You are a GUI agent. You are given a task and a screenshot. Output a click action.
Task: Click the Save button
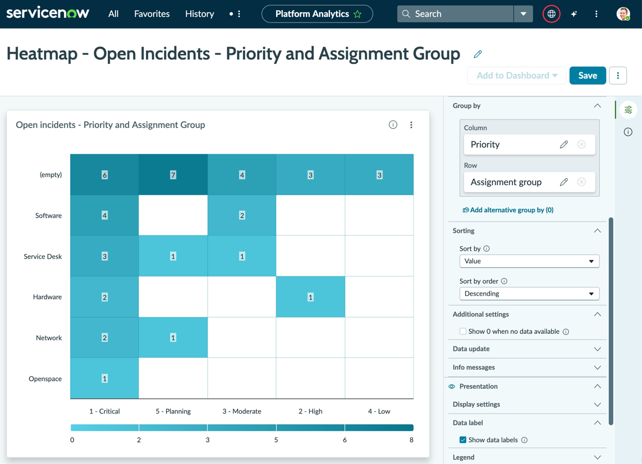587,76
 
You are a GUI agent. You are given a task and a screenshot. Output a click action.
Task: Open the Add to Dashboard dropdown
517,76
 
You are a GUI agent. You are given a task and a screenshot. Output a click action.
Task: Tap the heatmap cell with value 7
173,174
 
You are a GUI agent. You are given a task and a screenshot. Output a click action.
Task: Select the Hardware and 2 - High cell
310,297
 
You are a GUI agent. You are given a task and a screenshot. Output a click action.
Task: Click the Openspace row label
45,379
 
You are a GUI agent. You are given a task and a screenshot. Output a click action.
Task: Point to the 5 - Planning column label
173,411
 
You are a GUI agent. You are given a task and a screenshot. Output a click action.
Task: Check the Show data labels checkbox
462,440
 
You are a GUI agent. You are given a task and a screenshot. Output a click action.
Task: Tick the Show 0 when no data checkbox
462,332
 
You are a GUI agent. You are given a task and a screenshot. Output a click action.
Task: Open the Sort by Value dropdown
529,261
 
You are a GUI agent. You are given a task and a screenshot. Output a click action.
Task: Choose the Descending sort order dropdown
529,294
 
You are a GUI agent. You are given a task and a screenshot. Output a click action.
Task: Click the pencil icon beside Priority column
564,144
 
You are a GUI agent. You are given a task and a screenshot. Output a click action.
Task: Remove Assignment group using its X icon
581,182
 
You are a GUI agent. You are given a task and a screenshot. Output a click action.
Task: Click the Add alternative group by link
508,210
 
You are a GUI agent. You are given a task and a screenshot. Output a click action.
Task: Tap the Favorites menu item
152,14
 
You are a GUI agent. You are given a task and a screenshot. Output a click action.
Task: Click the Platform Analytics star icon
357,15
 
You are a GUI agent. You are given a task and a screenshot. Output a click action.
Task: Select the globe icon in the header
552,14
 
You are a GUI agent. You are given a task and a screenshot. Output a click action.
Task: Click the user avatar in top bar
623,14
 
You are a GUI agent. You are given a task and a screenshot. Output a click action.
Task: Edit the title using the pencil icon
478,54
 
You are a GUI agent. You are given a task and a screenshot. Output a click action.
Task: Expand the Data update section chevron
597,349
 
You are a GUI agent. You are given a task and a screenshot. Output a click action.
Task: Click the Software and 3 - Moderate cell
242,215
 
